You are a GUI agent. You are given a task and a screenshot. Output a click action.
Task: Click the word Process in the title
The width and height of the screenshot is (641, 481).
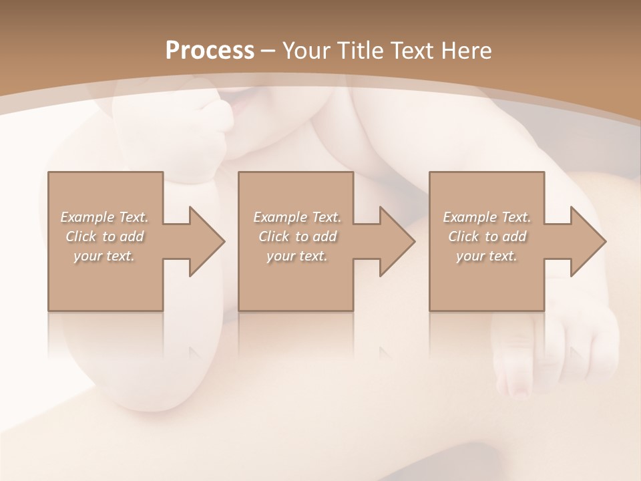(x=210, y=51)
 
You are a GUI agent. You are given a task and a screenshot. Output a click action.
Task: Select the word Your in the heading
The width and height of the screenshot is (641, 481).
(x=303, y=51)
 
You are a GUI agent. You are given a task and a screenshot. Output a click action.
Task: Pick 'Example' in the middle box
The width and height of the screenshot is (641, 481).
(x=280, y=217)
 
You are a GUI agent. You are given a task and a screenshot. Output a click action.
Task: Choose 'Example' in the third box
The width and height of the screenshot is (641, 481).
(x=469, y=217)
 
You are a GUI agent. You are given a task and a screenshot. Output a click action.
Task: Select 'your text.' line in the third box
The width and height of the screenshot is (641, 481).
(x=486, y=256)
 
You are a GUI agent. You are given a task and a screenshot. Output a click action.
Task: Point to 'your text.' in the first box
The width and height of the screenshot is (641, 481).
(x=104, y=256)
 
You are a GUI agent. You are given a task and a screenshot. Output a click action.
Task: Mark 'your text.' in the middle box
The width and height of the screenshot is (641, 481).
(x=296, y=256)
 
